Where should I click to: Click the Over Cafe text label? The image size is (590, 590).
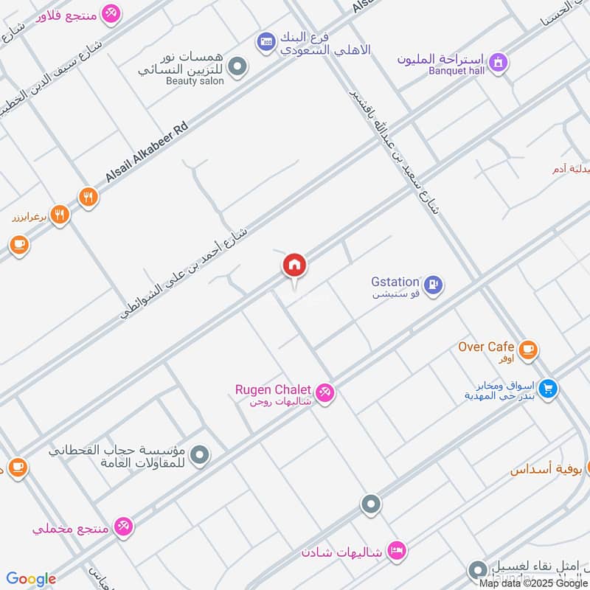click(x=486, y=347)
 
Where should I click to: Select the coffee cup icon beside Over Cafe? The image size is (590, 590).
click(x=527, y=350)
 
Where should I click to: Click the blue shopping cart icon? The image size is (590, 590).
click(x=547, y=388)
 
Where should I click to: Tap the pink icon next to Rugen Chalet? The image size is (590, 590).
click(x=325, y=392)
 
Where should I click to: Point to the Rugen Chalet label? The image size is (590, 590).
click(x=274, y=389)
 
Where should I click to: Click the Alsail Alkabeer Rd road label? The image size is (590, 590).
click(x=147, y=154)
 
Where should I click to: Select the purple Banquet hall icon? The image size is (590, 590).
click(x=499, y=63)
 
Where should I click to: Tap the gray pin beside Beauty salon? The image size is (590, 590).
click(x=237, y=69)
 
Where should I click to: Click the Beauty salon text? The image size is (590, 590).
click(x=195, y=80)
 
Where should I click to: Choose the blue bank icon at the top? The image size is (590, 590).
click(x=266, y=43)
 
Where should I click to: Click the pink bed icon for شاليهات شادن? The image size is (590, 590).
click(x=397, y=551)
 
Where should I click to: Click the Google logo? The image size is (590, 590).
click(x=31, y=579)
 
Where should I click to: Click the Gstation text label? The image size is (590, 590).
click(x=395, y=282)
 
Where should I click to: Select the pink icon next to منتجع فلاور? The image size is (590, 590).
click(x=111, y=13)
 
